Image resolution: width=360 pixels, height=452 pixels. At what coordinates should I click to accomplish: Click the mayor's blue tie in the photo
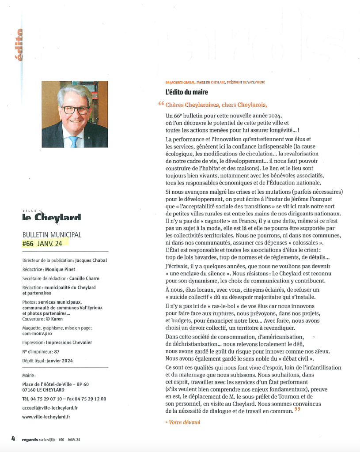click(x=73, y=141)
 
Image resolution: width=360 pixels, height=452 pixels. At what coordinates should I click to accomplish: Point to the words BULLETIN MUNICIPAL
click(x=52, y=235)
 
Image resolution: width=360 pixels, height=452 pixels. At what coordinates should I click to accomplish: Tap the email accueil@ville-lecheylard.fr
click(x=50, y=408)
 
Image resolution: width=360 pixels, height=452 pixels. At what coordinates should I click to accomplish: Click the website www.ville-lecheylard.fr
click(x=46, y=416)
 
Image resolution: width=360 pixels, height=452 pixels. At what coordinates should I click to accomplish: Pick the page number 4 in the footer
click(x=13, y=439)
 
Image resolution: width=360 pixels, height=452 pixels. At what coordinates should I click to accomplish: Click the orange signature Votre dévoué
click(x=183, y=422)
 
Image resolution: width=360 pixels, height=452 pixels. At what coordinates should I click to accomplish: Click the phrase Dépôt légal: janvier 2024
click(x=48, y=361)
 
